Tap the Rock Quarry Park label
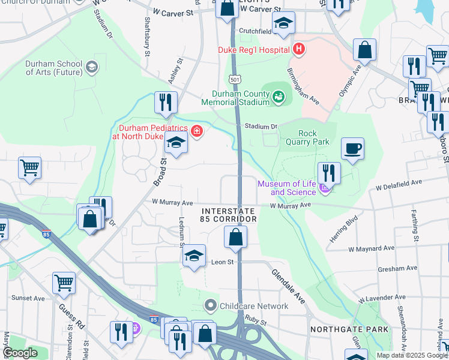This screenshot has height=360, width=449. (313, 137)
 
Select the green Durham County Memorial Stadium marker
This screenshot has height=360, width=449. (279, 96)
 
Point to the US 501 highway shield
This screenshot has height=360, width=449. (235, 79)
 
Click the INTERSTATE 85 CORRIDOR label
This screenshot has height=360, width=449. (229, 215)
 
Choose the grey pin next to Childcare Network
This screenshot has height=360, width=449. (210, 306)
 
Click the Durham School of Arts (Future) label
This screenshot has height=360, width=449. (53, 68)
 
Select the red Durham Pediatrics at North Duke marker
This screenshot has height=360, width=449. (196, 130)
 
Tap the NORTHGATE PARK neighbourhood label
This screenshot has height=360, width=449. (349, 329)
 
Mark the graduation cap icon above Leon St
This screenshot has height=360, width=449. (194, 256)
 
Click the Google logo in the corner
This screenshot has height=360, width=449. (20, 353)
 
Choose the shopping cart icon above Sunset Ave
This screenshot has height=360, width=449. (64, 282)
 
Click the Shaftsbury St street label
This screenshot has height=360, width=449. (146, 41)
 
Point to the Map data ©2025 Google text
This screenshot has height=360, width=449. (412, 355)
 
